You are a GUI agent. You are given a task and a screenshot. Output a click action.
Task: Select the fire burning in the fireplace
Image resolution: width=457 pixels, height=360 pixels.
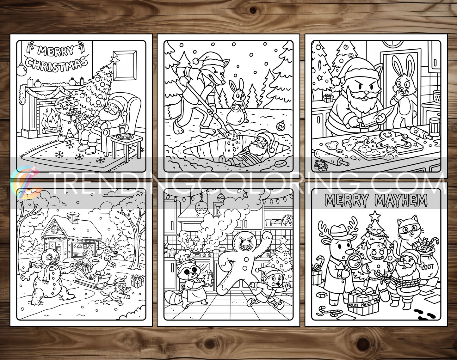pyautogui.click(x=49, y=118)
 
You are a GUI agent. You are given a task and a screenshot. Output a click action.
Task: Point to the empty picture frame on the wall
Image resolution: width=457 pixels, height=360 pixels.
pyautogui.click(x=125, y=65)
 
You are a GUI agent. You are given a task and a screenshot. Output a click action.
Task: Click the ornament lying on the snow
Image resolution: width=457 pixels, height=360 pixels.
pyautogui.click(x=280, y=125)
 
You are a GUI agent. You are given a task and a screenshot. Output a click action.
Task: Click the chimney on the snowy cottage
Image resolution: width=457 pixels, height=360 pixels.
pyautogui.click(x=73, y=218)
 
